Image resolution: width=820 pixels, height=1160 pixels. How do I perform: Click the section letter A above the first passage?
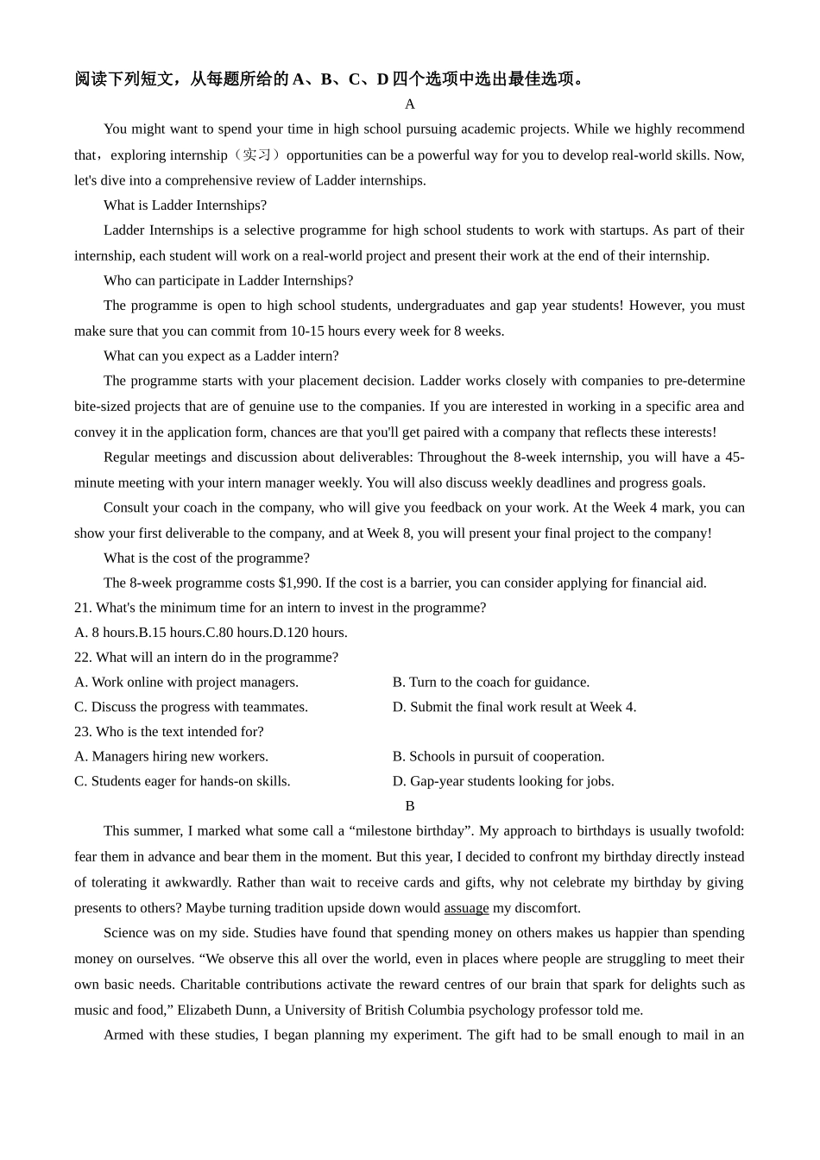pos(410,104)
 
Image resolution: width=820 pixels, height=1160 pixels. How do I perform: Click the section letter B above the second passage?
pos(410,806)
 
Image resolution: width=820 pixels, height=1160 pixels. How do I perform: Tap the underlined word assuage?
pos(466,908)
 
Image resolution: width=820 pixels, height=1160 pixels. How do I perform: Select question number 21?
pos(83,608)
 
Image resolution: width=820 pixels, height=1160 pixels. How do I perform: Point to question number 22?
pos(83,658)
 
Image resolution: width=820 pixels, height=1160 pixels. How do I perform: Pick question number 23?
pos(83,732)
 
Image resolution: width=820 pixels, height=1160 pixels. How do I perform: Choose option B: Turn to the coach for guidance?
pos(491,683)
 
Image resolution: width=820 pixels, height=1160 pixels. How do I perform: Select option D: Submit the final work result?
pos(514,707)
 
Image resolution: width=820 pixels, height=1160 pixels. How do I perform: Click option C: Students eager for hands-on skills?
pos(182,782)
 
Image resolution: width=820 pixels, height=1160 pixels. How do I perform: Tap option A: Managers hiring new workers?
pos(171,757)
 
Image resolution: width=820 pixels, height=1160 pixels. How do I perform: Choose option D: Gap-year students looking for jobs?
pos(503,782)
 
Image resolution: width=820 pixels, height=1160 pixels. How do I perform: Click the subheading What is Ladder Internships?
pos(185,205)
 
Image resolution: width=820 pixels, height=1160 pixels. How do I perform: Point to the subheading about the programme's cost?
pos(206,558)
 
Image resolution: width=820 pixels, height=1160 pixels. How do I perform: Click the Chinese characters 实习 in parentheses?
pos(256,155)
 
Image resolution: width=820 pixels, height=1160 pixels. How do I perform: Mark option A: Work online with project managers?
pos(186,683)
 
